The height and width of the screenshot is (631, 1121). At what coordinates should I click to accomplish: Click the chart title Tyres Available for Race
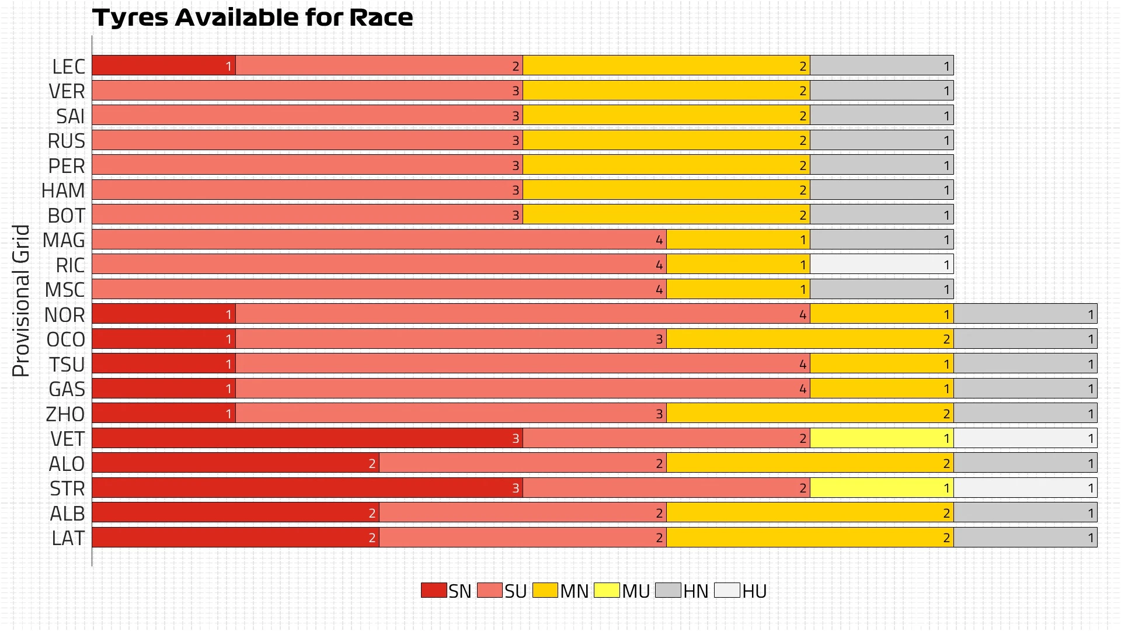point(252,18)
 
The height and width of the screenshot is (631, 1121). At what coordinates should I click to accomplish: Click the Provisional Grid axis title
point(21,300)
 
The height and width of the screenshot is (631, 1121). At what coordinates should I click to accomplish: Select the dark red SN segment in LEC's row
point(163,65)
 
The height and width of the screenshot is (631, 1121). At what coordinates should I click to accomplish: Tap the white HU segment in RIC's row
point(882,264)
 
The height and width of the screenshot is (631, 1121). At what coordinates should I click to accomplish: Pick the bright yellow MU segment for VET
point(882,438)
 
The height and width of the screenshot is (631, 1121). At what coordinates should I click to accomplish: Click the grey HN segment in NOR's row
point(1025,314)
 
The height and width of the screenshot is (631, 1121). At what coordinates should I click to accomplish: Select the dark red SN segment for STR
point(307,488)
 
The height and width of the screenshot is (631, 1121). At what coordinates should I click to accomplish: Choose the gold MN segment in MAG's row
point(738,240)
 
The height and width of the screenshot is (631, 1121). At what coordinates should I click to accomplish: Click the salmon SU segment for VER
point(307,91)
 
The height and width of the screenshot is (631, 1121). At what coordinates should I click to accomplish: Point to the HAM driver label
point(63,190)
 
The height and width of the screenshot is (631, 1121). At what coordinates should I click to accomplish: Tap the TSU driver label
point(67,365)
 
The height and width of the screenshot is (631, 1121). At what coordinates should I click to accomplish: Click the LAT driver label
point(68,538)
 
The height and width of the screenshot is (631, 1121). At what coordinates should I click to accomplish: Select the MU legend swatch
point(607,590)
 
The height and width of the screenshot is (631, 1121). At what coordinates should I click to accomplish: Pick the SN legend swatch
point(434,590)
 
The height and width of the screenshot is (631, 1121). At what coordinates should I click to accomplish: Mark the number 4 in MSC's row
point(659,289)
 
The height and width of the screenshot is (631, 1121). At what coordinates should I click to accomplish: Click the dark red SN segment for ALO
point(235,463)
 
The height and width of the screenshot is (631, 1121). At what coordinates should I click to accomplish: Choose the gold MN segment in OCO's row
point(810,339)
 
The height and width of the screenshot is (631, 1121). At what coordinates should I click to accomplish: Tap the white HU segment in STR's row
point(1025,488)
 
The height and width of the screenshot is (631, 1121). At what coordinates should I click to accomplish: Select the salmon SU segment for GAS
point(523,389)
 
